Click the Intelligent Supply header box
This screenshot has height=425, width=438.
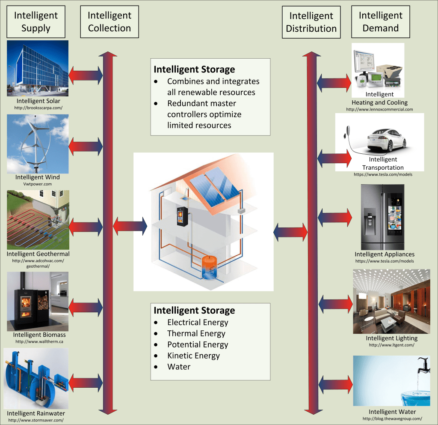(36, 22)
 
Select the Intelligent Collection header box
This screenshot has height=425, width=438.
(109, 22)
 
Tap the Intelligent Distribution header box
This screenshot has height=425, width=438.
(311, 22)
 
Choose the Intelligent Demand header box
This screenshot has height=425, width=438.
(380, 22)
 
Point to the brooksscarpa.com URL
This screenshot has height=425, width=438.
(38, 108)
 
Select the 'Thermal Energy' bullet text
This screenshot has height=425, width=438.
(196, 334)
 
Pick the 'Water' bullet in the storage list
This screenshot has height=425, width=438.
(179, 367)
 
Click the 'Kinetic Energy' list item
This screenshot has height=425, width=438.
(193, 356)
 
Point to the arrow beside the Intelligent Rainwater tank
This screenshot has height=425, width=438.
(86, 381)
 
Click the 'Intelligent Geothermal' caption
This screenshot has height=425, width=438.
(38, 254)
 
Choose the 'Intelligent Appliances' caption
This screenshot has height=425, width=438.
(384, 254)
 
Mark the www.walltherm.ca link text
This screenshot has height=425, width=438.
(38, 341)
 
